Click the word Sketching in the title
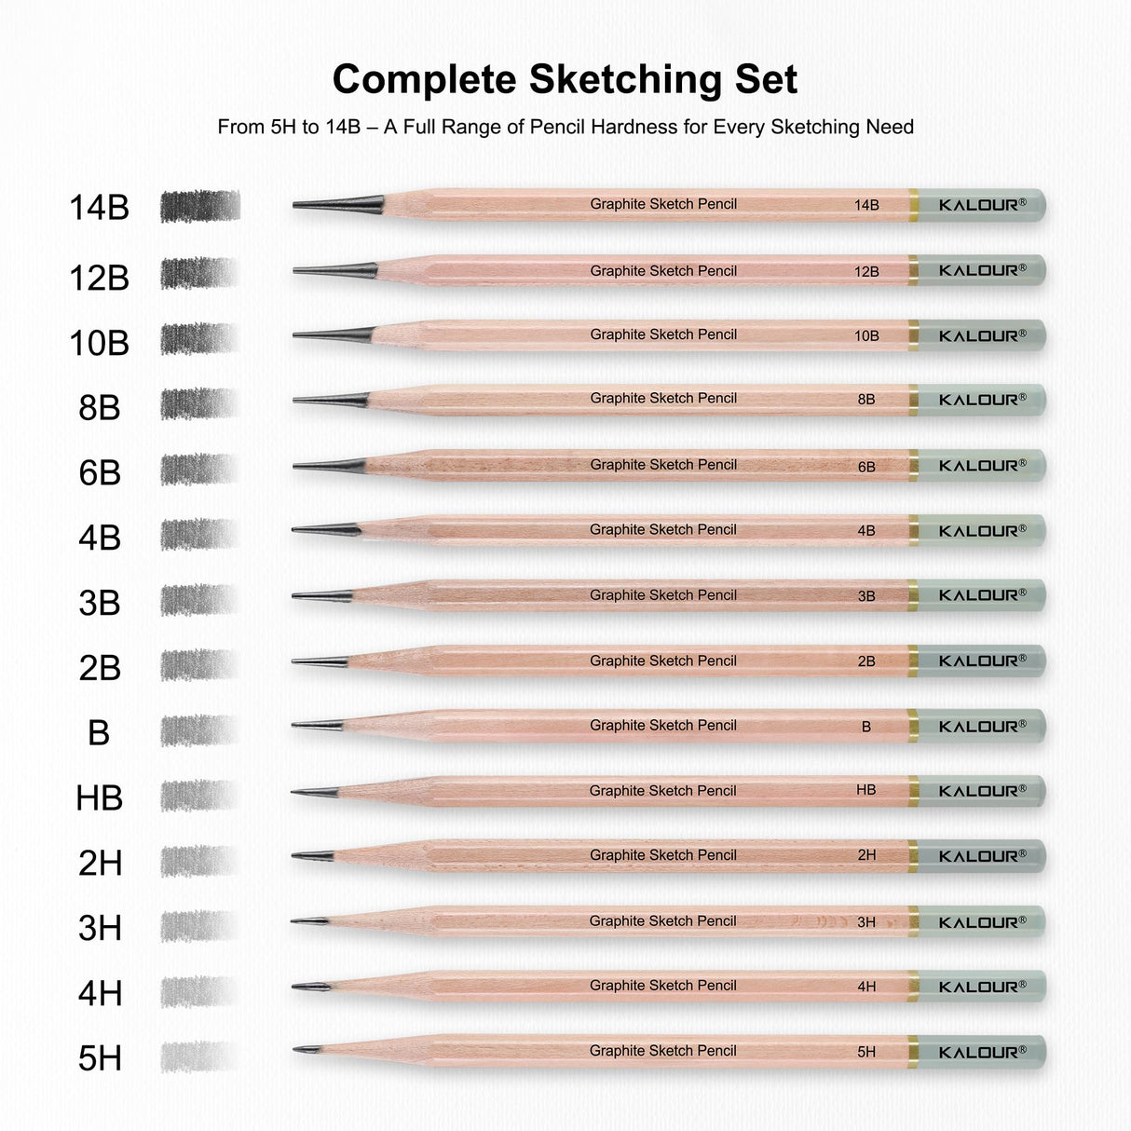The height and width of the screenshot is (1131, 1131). click(626, 79)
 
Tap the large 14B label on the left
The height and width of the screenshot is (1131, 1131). click(99, 207)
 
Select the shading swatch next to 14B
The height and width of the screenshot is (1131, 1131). click(199, 206)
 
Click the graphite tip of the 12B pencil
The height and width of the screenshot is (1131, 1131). click(335, 271)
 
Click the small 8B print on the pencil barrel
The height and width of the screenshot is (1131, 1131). click(865, 400)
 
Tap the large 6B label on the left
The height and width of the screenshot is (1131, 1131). click(100, 473)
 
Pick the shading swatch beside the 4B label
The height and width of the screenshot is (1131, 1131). click(199, 534)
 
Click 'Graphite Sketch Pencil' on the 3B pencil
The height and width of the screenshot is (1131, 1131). click(662, 595)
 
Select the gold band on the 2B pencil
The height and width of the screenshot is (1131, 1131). click(913, 661)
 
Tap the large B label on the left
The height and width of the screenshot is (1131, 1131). click(99, 733)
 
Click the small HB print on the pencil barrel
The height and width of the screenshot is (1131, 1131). click(865, 790)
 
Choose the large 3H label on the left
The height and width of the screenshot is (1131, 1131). click(100, 928)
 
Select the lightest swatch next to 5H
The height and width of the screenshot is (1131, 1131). click(199, 1056)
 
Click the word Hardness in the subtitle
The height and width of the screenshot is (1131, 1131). click(629, 127)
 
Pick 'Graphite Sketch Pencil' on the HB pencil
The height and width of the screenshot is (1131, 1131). click(662, 791)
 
